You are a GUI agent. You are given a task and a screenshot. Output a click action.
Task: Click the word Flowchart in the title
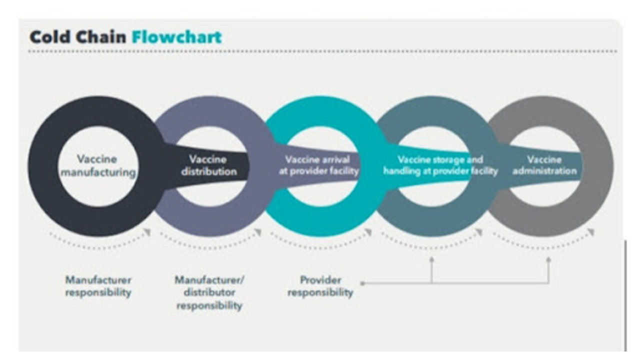[176, 36]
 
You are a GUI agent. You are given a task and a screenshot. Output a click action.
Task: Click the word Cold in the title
[48, 36]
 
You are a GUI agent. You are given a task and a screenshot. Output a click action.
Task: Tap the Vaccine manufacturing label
[97, 166]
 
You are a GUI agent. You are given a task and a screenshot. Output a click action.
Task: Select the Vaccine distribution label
[208, 165]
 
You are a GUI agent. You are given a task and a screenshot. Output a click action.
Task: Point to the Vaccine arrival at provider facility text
[317, 165]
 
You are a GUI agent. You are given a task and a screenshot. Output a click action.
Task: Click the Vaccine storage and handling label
[440, 165]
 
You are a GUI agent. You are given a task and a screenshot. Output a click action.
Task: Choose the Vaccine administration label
[544, 165]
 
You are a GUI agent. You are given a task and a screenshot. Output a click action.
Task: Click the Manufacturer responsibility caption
[98, 286]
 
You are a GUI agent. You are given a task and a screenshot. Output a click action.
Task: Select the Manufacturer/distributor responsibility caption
[209, 292]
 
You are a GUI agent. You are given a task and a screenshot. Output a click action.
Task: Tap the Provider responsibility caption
[320, 286]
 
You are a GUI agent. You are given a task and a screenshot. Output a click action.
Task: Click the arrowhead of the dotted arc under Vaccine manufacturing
[147, 232]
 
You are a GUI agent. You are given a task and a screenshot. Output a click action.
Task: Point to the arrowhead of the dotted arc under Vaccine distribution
[258, 232]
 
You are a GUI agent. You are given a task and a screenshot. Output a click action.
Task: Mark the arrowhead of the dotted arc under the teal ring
[368, 232]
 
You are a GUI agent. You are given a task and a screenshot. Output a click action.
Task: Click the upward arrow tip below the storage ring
[431, 259]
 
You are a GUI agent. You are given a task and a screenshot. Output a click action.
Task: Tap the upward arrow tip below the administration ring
[548, 259]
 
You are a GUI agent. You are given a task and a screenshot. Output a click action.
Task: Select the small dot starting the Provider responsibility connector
[362, 283]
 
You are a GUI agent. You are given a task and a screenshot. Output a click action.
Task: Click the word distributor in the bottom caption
[209, 292]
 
